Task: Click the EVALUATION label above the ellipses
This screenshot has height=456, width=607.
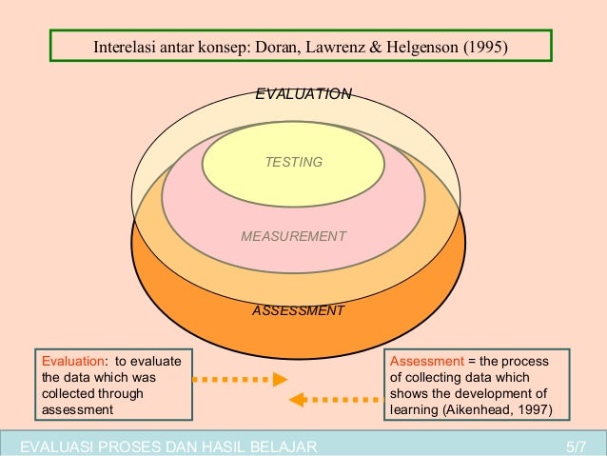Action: click(x=303, y=94)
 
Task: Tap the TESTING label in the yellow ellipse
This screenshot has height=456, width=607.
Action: click(x=294, y=163)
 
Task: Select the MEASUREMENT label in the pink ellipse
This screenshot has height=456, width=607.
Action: click(x=294, y=236)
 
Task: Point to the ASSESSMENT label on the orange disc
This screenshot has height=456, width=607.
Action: click(x=298, y=311)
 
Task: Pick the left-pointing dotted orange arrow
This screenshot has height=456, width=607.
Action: click(x=334, y=400)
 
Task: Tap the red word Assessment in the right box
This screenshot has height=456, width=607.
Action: click(x=425, y=361)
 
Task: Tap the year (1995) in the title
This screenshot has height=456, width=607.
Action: click(x=486, y=49)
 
